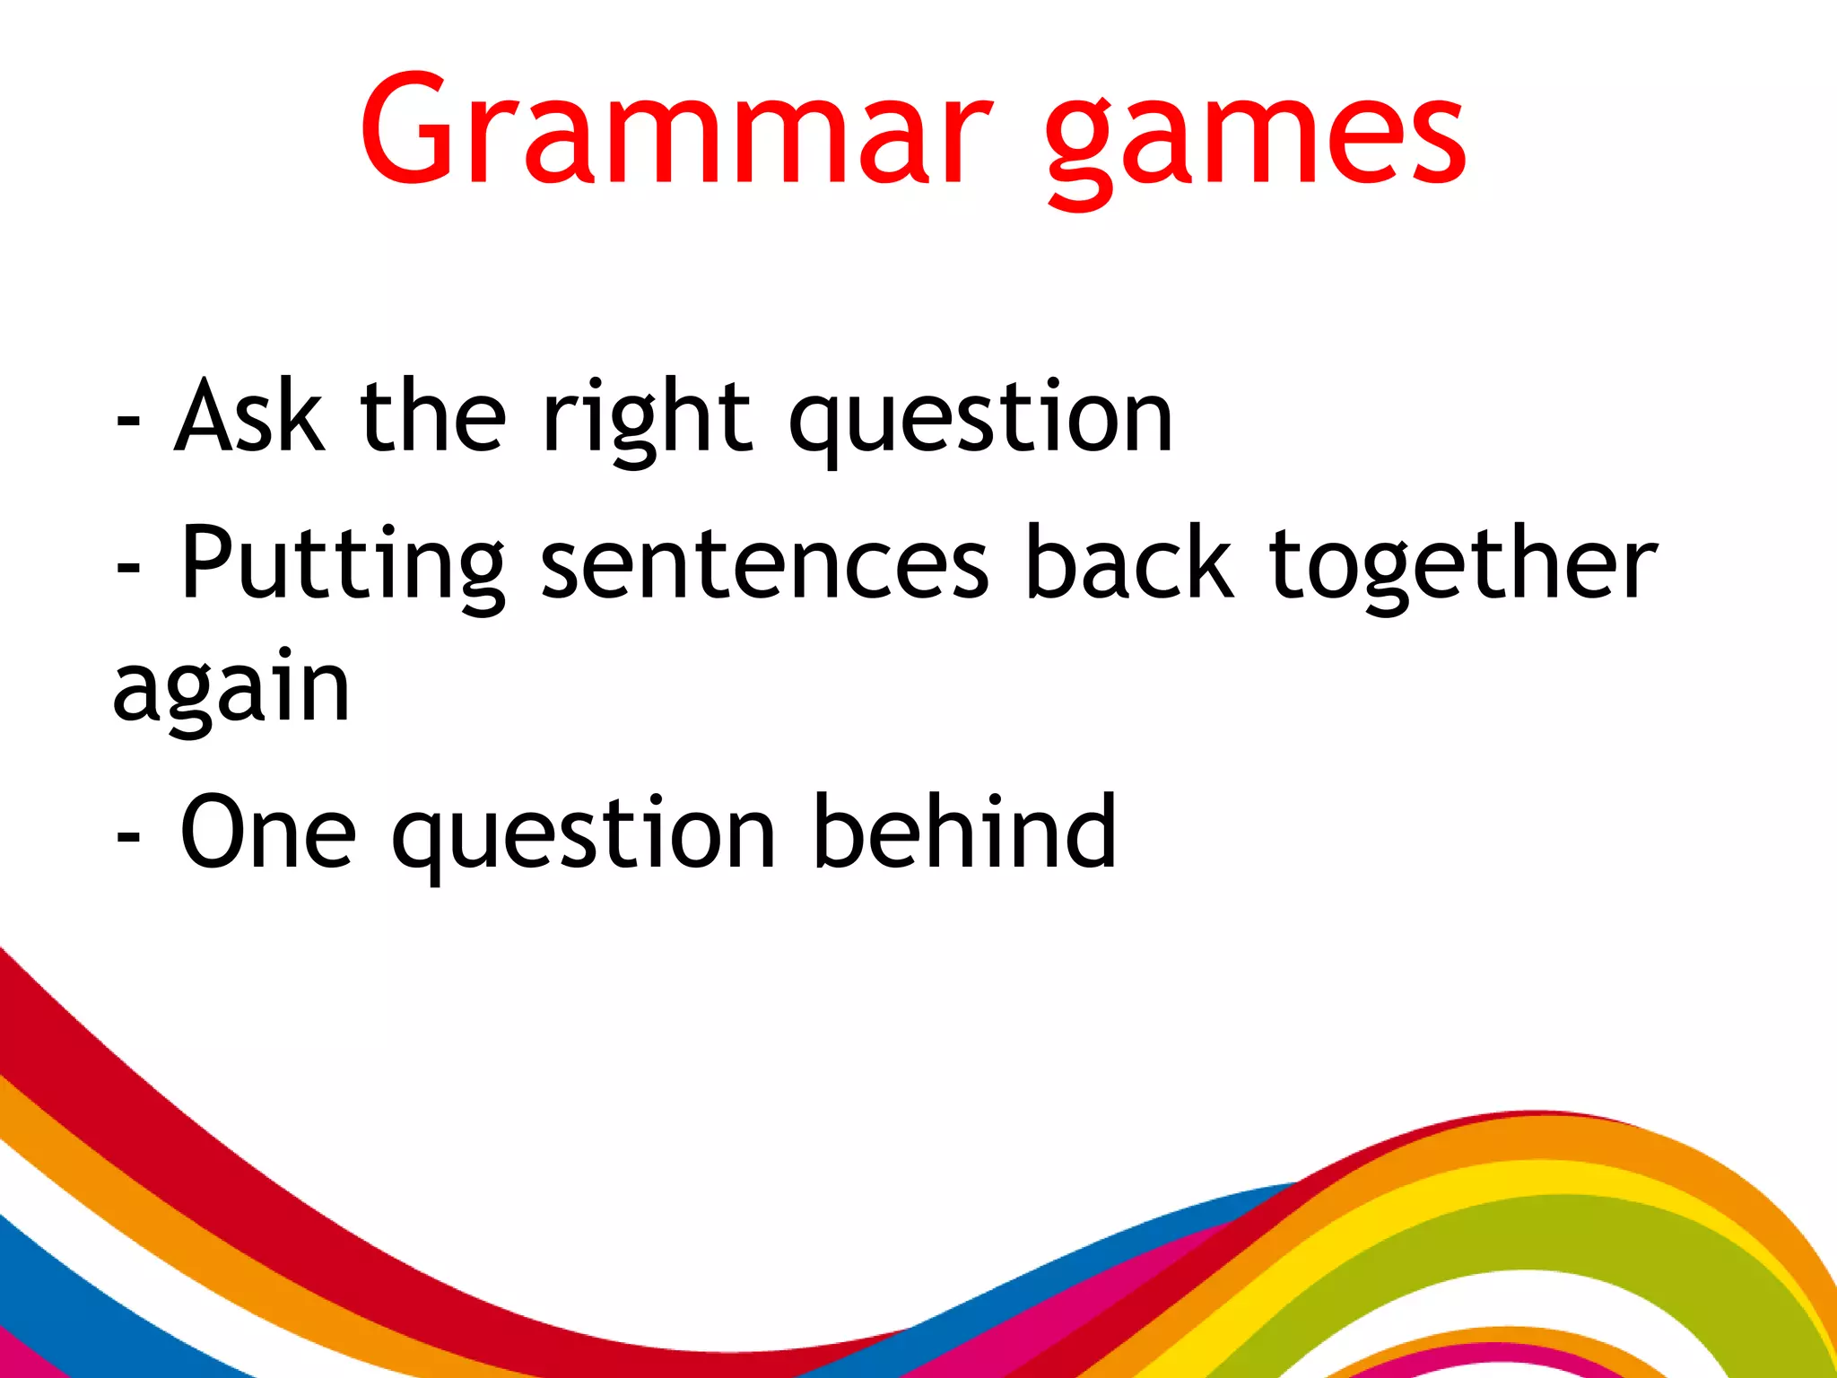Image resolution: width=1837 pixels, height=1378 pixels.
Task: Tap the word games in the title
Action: tap(1256, 135)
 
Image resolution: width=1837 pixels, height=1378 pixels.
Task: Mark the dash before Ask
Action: tap(128, 422)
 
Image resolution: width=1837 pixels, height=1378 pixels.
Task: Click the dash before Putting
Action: tap(128, 569)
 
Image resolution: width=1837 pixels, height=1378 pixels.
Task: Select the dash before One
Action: tap(128, 838)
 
